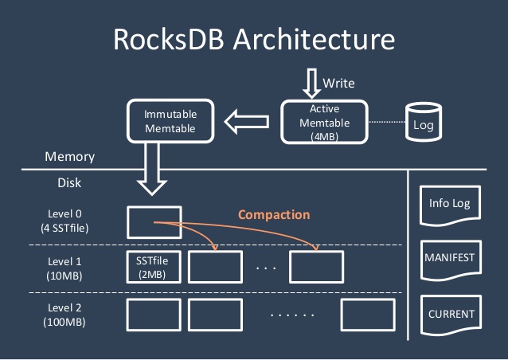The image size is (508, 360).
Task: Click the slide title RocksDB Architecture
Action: (254, 40)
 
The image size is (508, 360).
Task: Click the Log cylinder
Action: (422, 123)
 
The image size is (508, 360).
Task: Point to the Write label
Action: (338, 83)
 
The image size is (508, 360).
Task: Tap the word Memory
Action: (69, 157)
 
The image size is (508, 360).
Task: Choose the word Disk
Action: (69, 182)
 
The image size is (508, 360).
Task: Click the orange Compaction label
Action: (274, 215)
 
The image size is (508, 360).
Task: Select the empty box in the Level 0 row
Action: (154, 222)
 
